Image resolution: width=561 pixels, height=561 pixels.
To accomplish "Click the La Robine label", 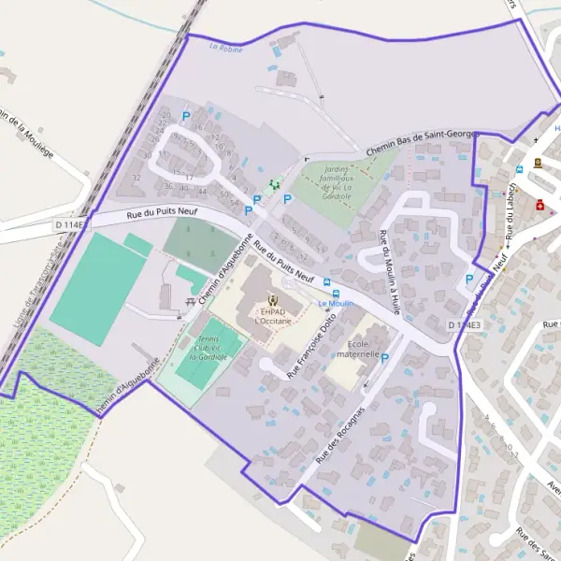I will click(x=225, y=48).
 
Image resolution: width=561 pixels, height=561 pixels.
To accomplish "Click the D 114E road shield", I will click(x=70, y=224).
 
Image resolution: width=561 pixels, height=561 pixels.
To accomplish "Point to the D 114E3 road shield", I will click(x=464, y=324).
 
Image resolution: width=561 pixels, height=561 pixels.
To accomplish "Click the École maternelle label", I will click(x=357, y=349).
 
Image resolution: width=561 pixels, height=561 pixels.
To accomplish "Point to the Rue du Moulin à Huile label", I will click(x=391, y=270).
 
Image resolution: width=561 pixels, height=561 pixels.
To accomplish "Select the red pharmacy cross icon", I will click(x=540, y=205).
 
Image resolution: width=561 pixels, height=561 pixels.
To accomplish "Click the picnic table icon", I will click(x=191, y=301).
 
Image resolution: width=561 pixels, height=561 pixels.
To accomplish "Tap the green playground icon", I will click(x=274, y=185).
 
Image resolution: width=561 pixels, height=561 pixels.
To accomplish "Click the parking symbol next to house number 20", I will click(x=185, y=117).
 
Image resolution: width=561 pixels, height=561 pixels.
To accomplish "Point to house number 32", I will click(x=137, y=178).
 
